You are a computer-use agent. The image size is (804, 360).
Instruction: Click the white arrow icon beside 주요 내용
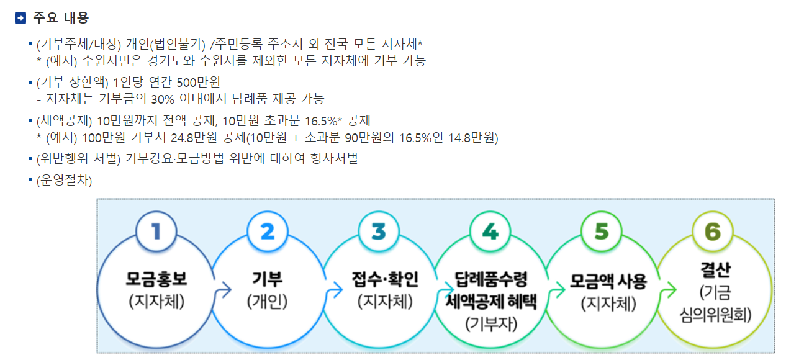pos(20,19)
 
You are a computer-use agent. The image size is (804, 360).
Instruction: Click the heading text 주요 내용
pos(60,19)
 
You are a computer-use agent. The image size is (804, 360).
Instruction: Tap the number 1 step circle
pos(156,232)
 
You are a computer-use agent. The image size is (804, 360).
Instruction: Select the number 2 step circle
pos(268,232)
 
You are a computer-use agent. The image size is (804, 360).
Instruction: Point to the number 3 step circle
pos(379,232)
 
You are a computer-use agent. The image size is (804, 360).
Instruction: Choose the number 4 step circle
pos(490,232)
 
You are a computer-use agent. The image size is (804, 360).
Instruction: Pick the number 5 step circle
pos(602,232)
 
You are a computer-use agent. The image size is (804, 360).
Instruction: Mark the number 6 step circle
pos(712,232)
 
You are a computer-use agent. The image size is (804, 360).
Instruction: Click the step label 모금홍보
pos(156,280)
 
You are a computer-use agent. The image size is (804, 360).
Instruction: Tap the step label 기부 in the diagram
pos(268,280)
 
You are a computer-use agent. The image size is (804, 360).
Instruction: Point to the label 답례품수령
pos(490,280)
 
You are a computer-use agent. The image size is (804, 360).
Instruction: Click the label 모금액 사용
pos(608,281)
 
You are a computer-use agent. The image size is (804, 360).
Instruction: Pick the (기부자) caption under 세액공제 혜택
pos(490,323)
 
